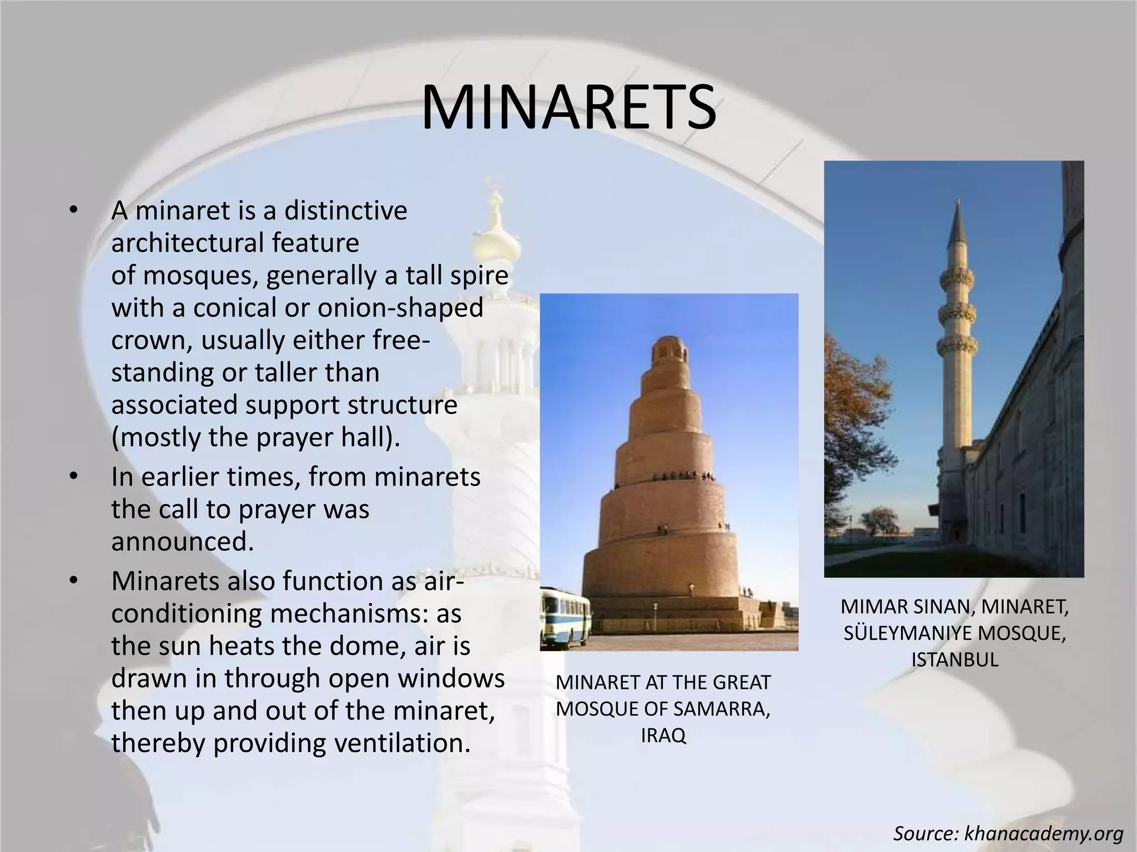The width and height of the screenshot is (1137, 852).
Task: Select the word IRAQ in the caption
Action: (663, 736)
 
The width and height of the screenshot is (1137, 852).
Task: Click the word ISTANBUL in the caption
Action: (954, 660)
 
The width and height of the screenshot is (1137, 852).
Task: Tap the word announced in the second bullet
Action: (182, 541)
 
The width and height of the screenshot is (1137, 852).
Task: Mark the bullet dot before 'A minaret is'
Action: (73, 211)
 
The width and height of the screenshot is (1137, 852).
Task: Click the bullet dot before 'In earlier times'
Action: (73, 478)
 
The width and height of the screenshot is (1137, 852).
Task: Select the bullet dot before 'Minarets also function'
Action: (73, 582)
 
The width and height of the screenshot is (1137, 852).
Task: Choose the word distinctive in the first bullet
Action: (345, 211)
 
